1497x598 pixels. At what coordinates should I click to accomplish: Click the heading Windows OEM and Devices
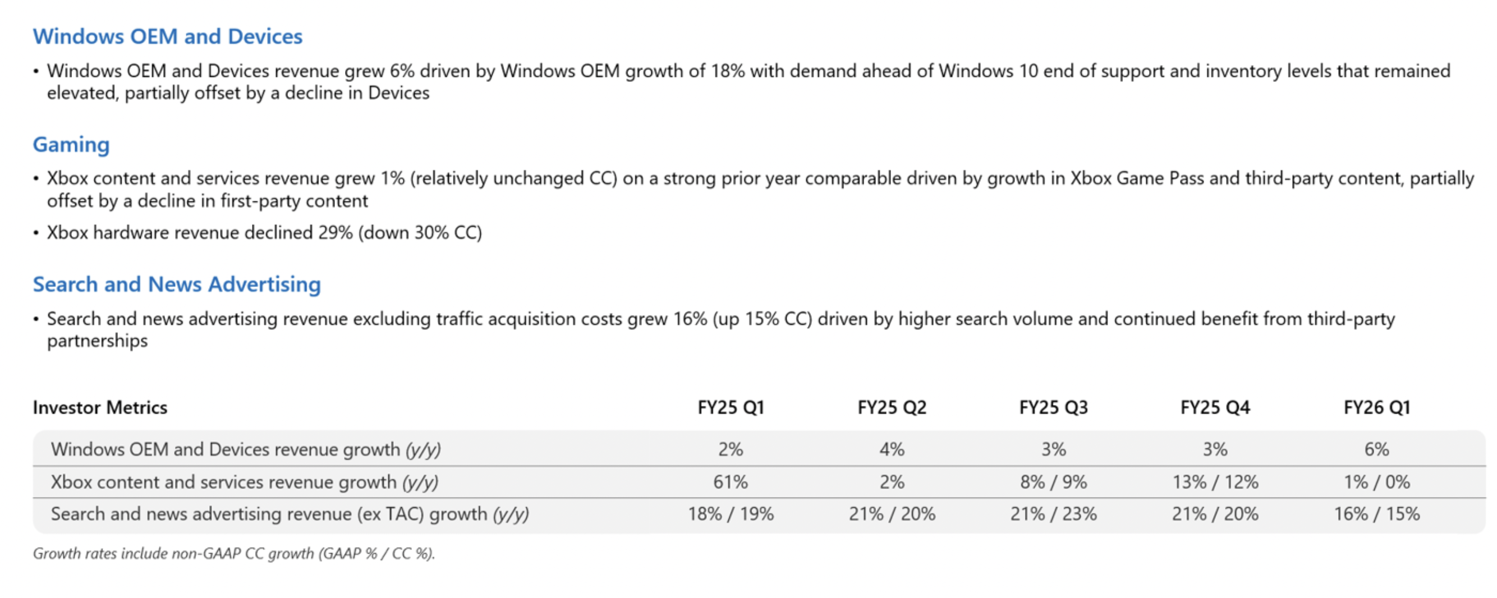(167, 36)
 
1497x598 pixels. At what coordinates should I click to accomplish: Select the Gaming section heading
(71, 145)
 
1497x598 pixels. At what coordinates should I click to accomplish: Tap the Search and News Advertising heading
(177, 284)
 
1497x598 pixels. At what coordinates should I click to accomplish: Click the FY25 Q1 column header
(731, 407)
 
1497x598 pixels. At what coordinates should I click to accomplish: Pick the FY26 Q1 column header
(1376, 407)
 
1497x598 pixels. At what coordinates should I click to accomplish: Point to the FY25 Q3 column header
(1053, 407)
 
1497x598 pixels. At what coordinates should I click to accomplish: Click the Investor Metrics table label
(100, 407)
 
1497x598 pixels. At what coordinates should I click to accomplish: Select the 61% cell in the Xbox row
(731, 482)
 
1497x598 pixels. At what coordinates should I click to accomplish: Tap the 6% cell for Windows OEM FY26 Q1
(1376, 449)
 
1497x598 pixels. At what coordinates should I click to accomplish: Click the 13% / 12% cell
(1215, 482)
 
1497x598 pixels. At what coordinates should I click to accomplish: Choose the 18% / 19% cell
(731, 514)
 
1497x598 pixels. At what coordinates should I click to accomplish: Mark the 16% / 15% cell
(1376, 514)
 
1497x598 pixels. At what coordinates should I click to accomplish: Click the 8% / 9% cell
(1053, 482)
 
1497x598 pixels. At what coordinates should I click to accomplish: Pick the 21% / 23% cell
(1053, 514)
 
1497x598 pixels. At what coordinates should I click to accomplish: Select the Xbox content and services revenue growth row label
(244, 482)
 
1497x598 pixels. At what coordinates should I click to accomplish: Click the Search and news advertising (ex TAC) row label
(290, 514)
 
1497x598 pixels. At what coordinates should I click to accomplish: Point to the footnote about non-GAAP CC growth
(233, 553)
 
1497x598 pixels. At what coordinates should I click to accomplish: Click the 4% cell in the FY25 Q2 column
(892, 449)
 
